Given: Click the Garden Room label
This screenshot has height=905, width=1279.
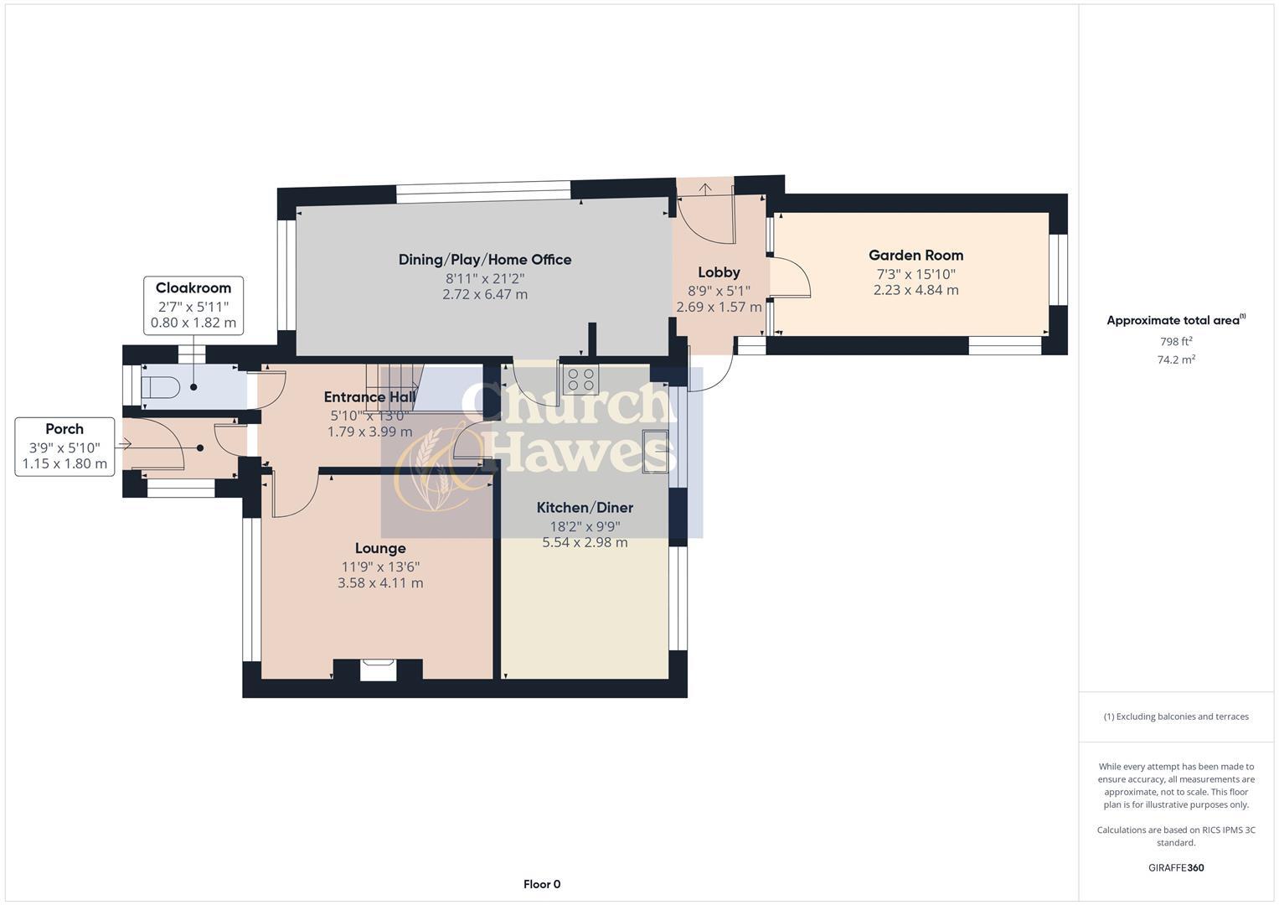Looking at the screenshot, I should [915, 256].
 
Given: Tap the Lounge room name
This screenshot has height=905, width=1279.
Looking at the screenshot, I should [380, 549].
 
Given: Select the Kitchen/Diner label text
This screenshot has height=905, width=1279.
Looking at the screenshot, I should [585, 508].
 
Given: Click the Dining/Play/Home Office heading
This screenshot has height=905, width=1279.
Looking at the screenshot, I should [485, 260].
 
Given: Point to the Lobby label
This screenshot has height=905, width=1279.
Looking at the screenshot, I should [719, 272].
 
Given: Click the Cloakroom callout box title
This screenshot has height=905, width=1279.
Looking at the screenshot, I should [193, 288].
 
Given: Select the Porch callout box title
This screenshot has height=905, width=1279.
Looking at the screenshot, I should [64, 429].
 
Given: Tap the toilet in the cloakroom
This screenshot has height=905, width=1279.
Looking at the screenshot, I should [162, 387].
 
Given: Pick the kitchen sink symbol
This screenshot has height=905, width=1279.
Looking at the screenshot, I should [655, 451].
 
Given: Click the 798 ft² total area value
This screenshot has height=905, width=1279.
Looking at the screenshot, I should [1176, 342].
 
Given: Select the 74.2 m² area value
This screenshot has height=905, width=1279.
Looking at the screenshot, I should [1176, 359].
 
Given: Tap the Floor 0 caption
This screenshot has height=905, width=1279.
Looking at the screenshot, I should [542, 884].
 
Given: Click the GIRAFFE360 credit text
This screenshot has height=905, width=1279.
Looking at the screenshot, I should [1176, 867].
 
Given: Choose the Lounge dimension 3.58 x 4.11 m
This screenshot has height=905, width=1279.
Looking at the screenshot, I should [380, 583].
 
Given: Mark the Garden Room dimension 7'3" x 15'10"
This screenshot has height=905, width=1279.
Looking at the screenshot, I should [915, 274].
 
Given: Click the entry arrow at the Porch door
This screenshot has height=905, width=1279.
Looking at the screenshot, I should [125, 444].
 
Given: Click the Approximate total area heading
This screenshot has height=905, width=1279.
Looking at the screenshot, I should [1174, 320].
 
